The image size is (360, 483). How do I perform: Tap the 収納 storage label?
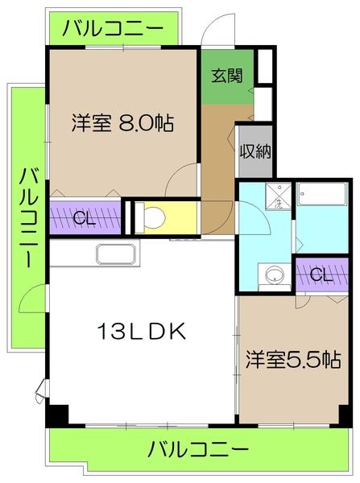[x=254, y=151]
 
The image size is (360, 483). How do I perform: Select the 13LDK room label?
[x=143, y=330]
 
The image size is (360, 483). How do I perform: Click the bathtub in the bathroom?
[x=321, y=195]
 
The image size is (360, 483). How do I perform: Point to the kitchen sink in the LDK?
[x=118, y=254]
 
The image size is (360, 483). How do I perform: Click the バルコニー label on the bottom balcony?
[x=198, y=448]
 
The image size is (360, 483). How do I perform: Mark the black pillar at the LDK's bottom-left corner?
[x=56, y=415]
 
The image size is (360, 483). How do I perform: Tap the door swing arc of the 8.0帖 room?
[x=184, y=179]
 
